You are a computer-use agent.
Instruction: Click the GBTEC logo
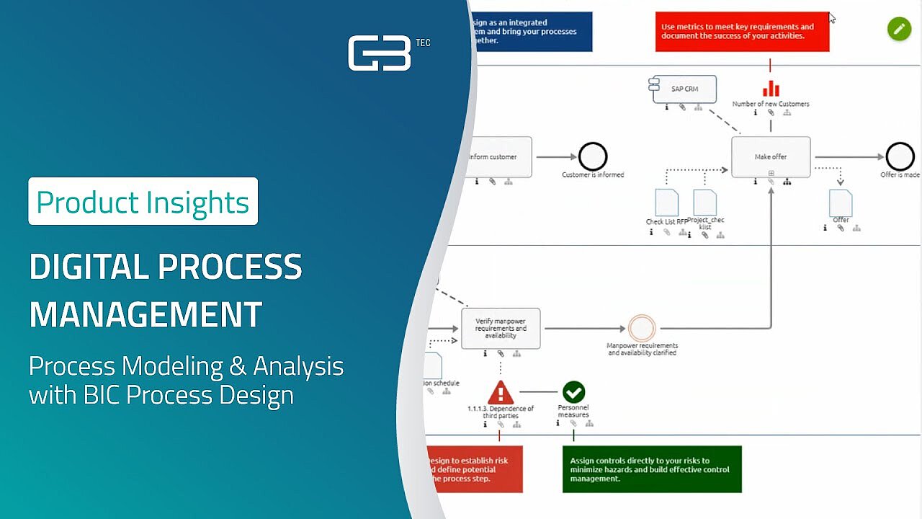pos(380,53)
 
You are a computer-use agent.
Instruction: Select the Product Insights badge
pos(143,202)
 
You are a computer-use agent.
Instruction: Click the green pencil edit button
pos(899,29)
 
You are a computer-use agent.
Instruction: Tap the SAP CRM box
pos(685,89)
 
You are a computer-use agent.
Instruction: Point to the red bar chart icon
pos(771,88)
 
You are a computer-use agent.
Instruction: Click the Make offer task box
pos(771,156)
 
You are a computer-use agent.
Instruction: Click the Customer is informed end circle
pos(593,156)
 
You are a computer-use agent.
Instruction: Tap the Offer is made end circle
pos(900,156)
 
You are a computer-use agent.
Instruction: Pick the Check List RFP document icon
pos(666,203)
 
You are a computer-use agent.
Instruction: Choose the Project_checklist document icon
pos(704,203)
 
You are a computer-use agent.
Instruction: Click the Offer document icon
pos(841,203)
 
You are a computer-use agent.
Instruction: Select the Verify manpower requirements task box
pos(501,329)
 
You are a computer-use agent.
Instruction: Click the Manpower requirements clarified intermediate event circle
pos(641,329)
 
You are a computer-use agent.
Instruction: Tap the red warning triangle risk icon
pos(501,393)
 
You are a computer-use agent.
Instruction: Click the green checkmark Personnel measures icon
pos(573,392)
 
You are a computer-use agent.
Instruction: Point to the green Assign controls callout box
pos(652,469)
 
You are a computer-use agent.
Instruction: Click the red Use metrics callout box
pos(742,32)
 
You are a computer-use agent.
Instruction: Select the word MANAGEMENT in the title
pos(146,314)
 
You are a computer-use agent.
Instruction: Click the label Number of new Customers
pos(771,104)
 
